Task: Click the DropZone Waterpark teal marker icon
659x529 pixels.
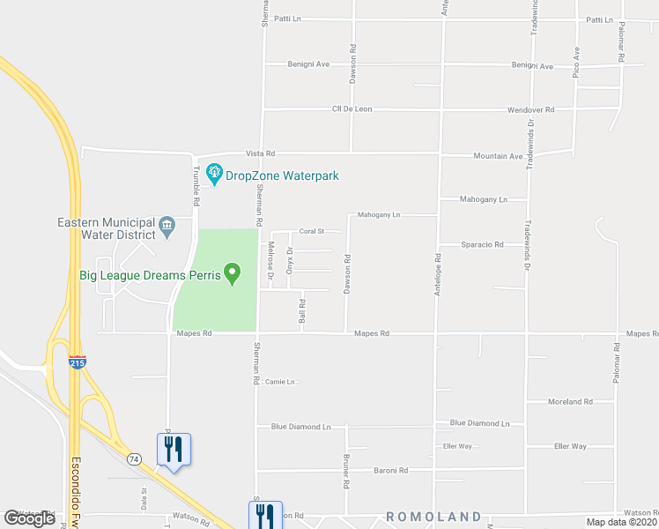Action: point(213,175)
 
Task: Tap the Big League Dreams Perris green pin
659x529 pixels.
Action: point(233,274)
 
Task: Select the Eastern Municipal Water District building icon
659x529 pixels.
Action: point(167,228)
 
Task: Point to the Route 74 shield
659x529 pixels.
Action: point(134,459)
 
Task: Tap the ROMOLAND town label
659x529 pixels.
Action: point(433,517)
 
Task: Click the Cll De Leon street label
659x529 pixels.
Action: point(352,109)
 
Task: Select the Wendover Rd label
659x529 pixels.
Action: point(530,110)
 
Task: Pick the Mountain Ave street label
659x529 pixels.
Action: point(498,156)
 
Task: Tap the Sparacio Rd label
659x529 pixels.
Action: point(482,244)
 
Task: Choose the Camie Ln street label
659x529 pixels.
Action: point(279,382)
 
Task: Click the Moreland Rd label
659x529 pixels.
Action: point(569,402)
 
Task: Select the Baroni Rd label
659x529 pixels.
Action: point(389,471)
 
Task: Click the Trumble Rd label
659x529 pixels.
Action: point(196,187)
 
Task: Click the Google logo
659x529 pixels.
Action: point(30,518)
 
